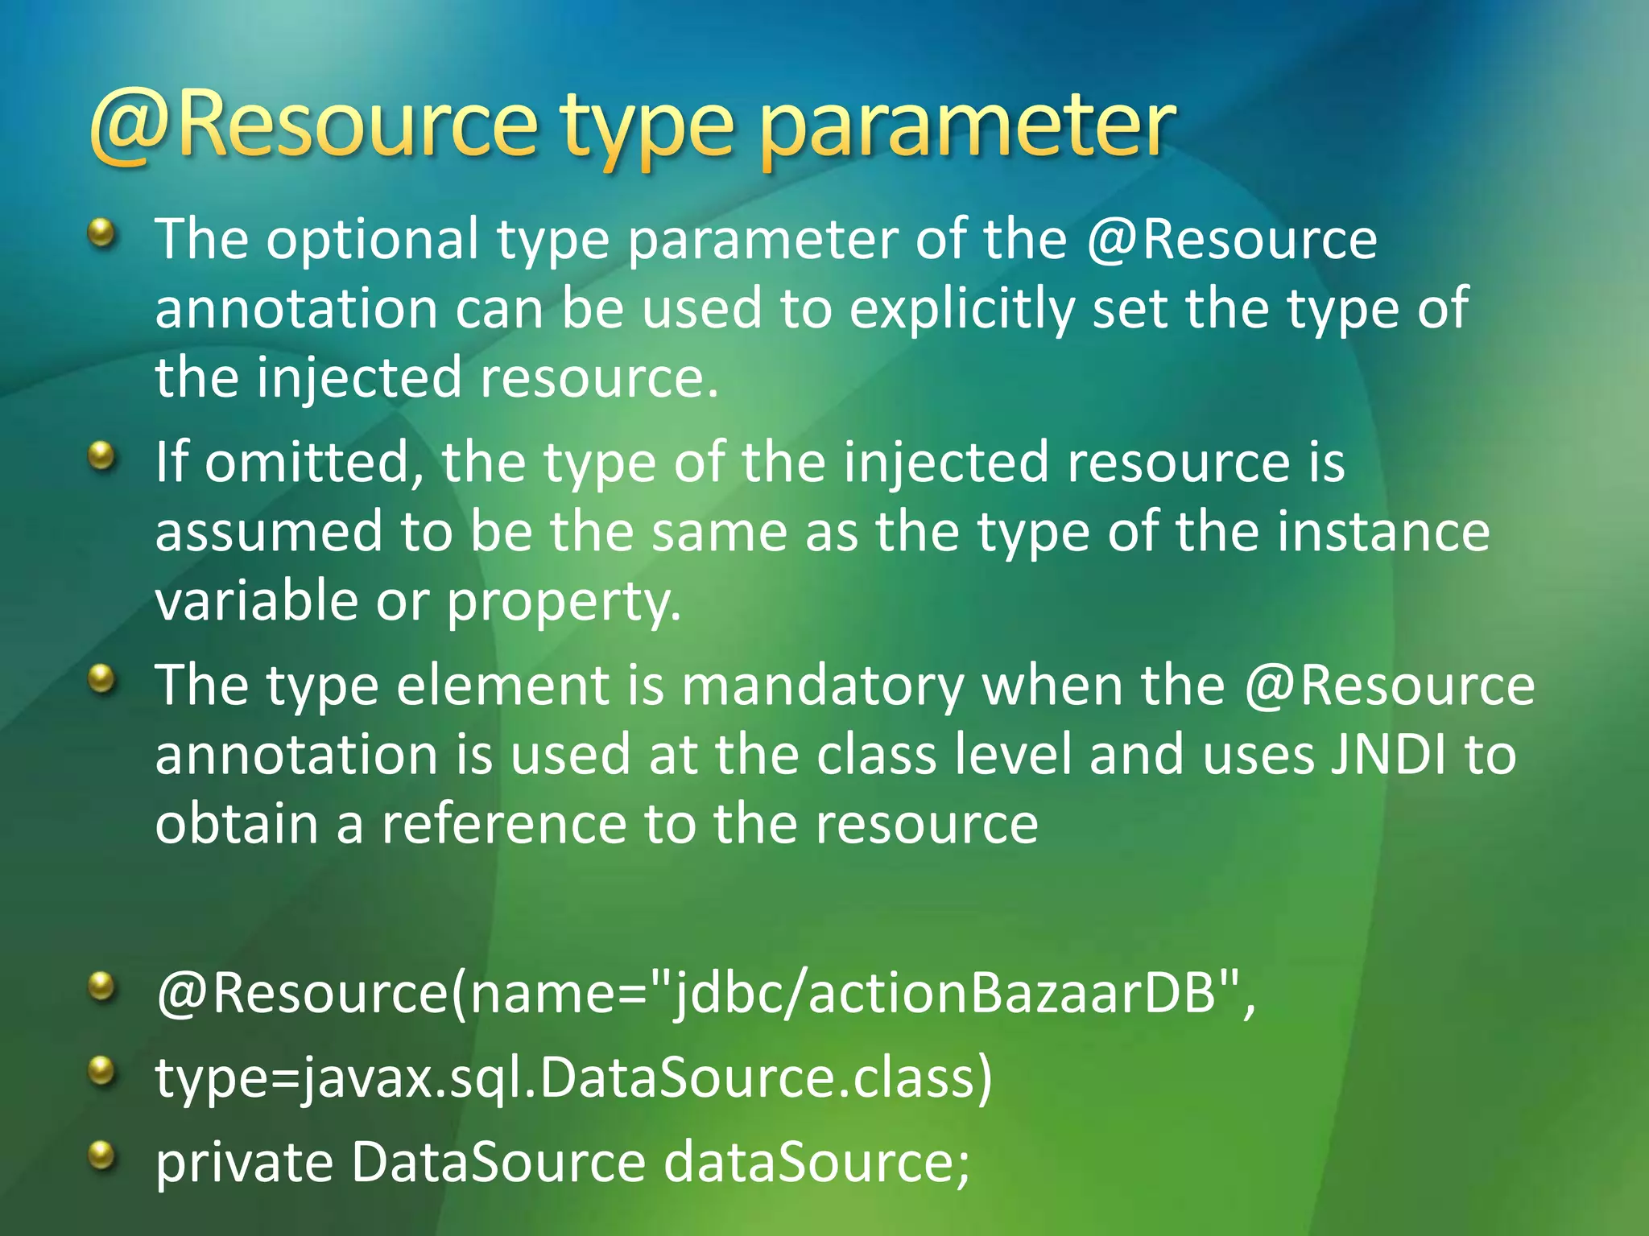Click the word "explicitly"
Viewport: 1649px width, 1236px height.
961,309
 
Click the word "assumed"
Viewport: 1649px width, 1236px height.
269,533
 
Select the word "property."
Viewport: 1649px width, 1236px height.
564,604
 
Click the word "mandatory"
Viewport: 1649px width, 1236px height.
822,686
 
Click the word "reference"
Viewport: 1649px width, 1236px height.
503,824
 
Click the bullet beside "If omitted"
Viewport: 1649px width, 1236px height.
101,457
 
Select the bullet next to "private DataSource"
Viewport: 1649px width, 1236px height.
101,1156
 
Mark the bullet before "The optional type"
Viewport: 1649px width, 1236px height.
101,235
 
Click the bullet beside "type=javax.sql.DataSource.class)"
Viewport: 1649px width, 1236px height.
101,1071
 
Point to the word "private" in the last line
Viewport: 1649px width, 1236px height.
244,1164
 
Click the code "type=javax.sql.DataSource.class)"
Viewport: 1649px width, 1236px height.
574,1078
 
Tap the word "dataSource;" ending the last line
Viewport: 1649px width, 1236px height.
816,1163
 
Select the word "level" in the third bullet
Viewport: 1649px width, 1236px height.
1013,756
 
